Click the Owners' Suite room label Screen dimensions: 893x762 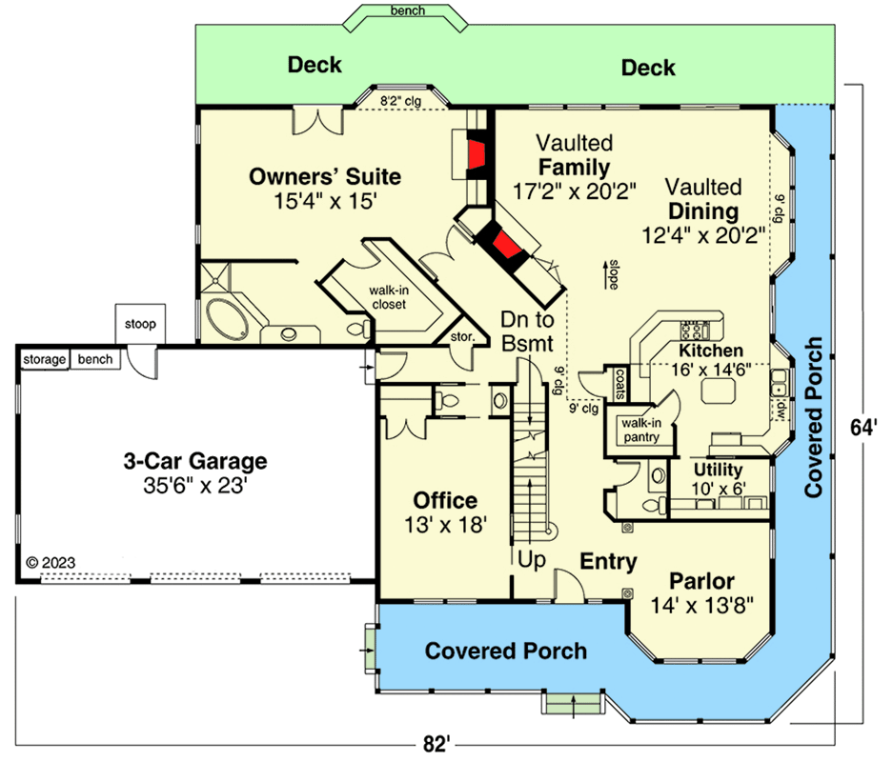coord(325,176)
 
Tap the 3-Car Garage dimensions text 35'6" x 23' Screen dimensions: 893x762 coord(194,486)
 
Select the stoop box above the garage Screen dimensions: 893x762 coord(140,324)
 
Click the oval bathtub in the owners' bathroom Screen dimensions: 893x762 coord(226,318)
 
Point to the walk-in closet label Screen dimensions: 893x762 coord(389,297)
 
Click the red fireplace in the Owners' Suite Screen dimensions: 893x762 coord(476,155)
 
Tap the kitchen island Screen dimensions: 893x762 coord(719,391)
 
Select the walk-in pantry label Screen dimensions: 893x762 coord(641,431)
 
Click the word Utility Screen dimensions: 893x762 coord(719,470)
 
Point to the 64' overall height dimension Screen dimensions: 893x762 coord(863,428)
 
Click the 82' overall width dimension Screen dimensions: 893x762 coord(436,744)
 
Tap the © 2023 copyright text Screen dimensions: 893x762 coord(51,563)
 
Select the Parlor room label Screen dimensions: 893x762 coord(701,581)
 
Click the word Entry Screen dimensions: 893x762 coord(608,562)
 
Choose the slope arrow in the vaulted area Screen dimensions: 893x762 coord(605,274)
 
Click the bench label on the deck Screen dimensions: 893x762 coord(408,10)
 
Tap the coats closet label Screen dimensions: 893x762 coord(620,384)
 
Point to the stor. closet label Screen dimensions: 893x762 coord(462,337)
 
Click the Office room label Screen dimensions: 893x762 coord(445,500)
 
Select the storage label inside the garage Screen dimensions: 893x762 coord(45,360)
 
